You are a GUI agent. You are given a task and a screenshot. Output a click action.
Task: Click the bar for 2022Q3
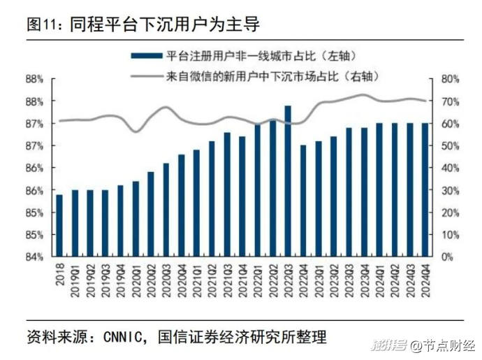pos(287,182)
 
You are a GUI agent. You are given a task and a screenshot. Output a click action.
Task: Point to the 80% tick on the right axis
pos(450,79)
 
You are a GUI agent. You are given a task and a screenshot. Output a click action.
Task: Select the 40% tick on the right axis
pos(450,168)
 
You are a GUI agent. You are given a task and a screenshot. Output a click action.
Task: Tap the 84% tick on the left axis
pos(36,257)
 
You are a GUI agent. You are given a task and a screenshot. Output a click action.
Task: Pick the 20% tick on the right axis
pos(450,213)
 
